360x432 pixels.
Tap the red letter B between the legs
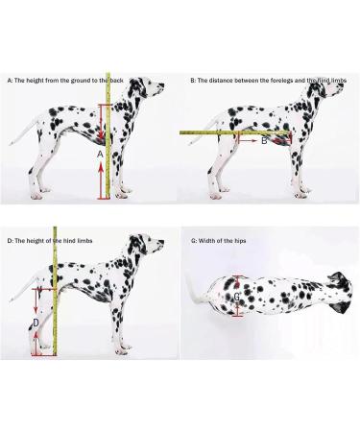(264, 140)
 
